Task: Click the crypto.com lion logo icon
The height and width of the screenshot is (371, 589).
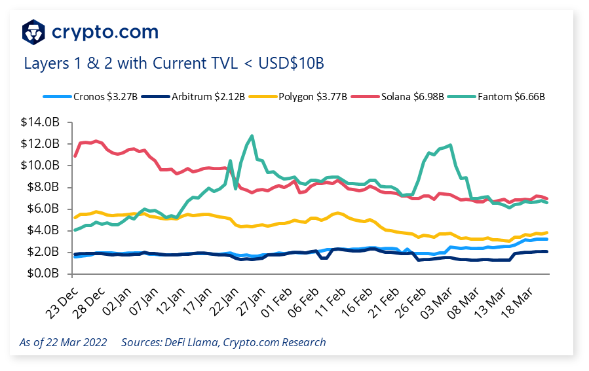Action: click(x=33, y=31)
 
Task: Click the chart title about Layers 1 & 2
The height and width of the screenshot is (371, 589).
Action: click(x=174, y=63)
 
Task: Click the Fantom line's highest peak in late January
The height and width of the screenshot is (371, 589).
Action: click(x=252, y=136)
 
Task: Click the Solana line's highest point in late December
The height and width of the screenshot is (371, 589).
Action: click(x=96, y=141)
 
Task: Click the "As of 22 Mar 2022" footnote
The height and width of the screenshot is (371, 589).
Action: click(x=62, y=342)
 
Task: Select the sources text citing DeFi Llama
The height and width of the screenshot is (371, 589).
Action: click(x=223, y=342)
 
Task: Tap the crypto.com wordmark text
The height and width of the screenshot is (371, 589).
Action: click(x=105, y=31)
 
